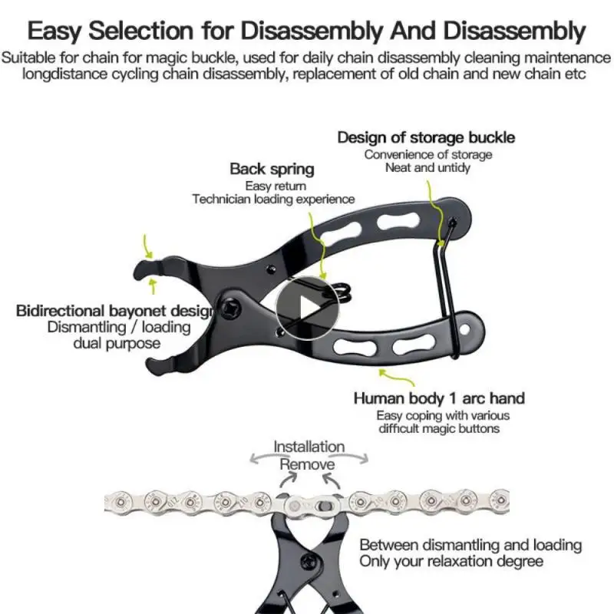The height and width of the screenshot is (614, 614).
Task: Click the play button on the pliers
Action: [x=307, y=308]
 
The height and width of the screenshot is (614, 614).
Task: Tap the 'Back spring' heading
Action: [x=272, y=169]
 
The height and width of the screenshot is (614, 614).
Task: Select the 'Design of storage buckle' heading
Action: [x=426, y=137]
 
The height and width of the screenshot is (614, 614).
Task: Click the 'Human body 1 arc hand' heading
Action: [x=439, y=398]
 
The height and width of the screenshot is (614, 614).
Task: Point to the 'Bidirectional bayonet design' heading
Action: [x=114, y=311]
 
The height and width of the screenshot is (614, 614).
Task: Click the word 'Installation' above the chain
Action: [x=309, y=446]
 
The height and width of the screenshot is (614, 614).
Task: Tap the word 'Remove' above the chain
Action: [x=307, y=464]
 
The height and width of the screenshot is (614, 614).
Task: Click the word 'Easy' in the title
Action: [x=54, y=31]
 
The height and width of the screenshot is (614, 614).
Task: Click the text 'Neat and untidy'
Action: [x=427, y=167]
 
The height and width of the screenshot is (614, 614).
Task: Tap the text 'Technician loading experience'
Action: [x=273, y=199]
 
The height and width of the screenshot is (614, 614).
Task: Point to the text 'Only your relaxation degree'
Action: [x=451, y=561]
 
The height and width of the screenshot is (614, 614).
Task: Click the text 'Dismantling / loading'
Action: [x=119, y=327]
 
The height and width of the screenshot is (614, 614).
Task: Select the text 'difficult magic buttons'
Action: [x=438, y=428]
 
